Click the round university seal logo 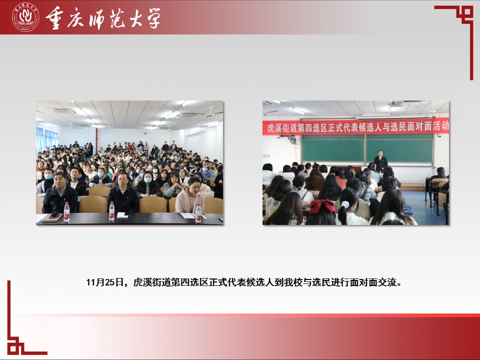[25, 17]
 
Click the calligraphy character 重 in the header [55, 18]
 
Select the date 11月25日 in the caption [104, 282]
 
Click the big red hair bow [322, 205]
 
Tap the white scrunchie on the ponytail [345, 204]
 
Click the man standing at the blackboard [380, 162]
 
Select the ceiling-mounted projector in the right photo [396, 103]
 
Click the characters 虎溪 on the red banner [274, 127]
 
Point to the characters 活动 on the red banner [441, 125]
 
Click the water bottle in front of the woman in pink [198, 213]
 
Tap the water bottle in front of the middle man [111, 211]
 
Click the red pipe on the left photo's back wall [96, 140]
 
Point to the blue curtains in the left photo [46, 139]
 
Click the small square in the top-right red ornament [467, 12]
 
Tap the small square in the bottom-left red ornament [13, 348]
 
